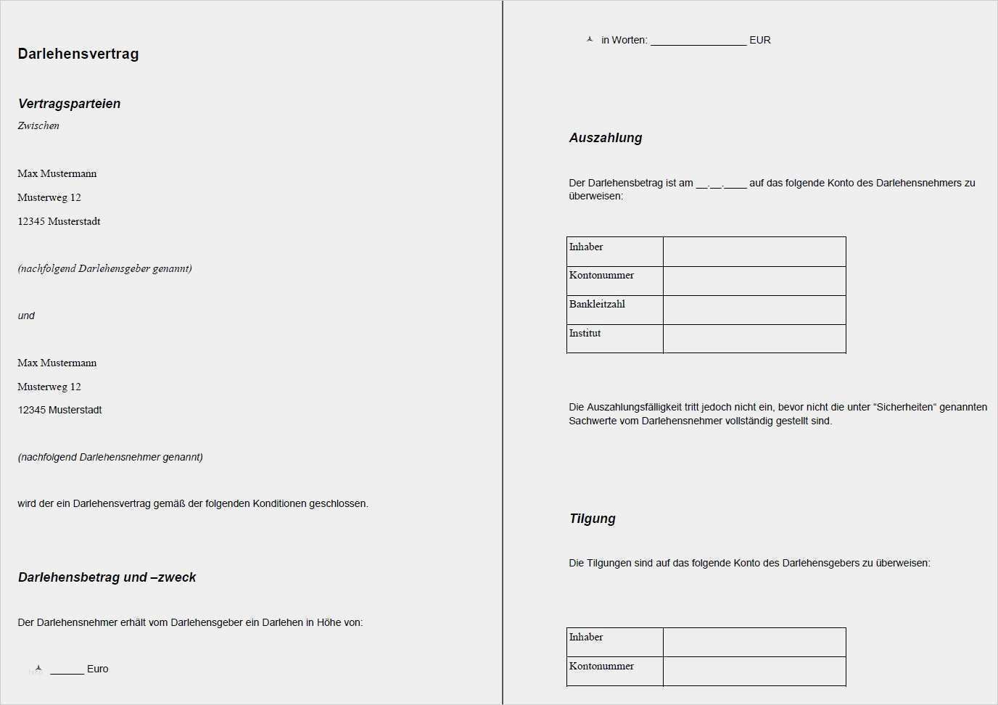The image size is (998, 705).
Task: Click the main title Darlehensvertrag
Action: pyautogui.click(x=78, y=54)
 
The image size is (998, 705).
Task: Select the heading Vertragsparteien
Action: pyautogui.click(x=70, y=104)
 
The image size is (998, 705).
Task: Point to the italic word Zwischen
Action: pyautogui.click(x=38, y=125)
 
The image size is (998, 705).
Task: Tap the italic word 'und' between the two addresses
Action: pyautogui.click(x=26, y=316)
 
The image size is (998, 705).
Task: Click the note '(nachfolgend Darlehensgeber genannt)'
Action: pyautogui.click(x=104, y=268)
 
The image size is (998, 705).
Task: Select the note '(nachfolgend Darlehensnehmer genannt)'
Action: pyautogui.click(x=110, y=457)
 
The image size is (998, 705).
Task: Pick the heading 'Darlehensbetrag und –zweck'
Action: pyautogui.click(x=107, y=577)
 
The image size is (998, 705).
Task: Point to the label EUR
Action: pyautogui.click(x=760, y=41)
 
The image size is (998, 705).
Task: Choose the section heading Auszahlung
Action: pyautogui.click(x=606, y=138)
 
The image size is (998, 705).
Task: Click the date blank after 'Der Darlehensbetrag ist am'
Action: pyautogui.click(x=721, y=184)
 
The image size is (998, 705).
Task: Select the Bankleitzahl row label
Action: pyautogui.click(x=597, y=304)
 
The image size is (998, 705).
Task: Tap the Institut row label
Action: pyautogui.click(x=585, y=333)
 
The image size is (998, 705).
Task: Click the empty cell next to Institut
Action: pyautogui.click(x=754, y=339)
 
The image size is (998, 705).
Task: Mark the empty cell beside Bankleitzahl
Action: pyautogui.click(x=754, y=310)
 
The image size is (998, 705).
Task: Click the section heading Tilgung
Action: pyautogui.click(x=593, y=519)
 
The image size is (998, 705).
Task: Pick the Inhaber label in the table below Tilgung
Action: pyautogui.click(x=586, y=637)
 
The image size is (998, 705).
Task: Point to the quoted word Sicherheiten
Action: pyautogui.click(x=905, y=407)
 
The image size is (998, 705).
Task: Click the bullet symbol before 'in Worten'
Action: pyautogui.click(x=590, y=40)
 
